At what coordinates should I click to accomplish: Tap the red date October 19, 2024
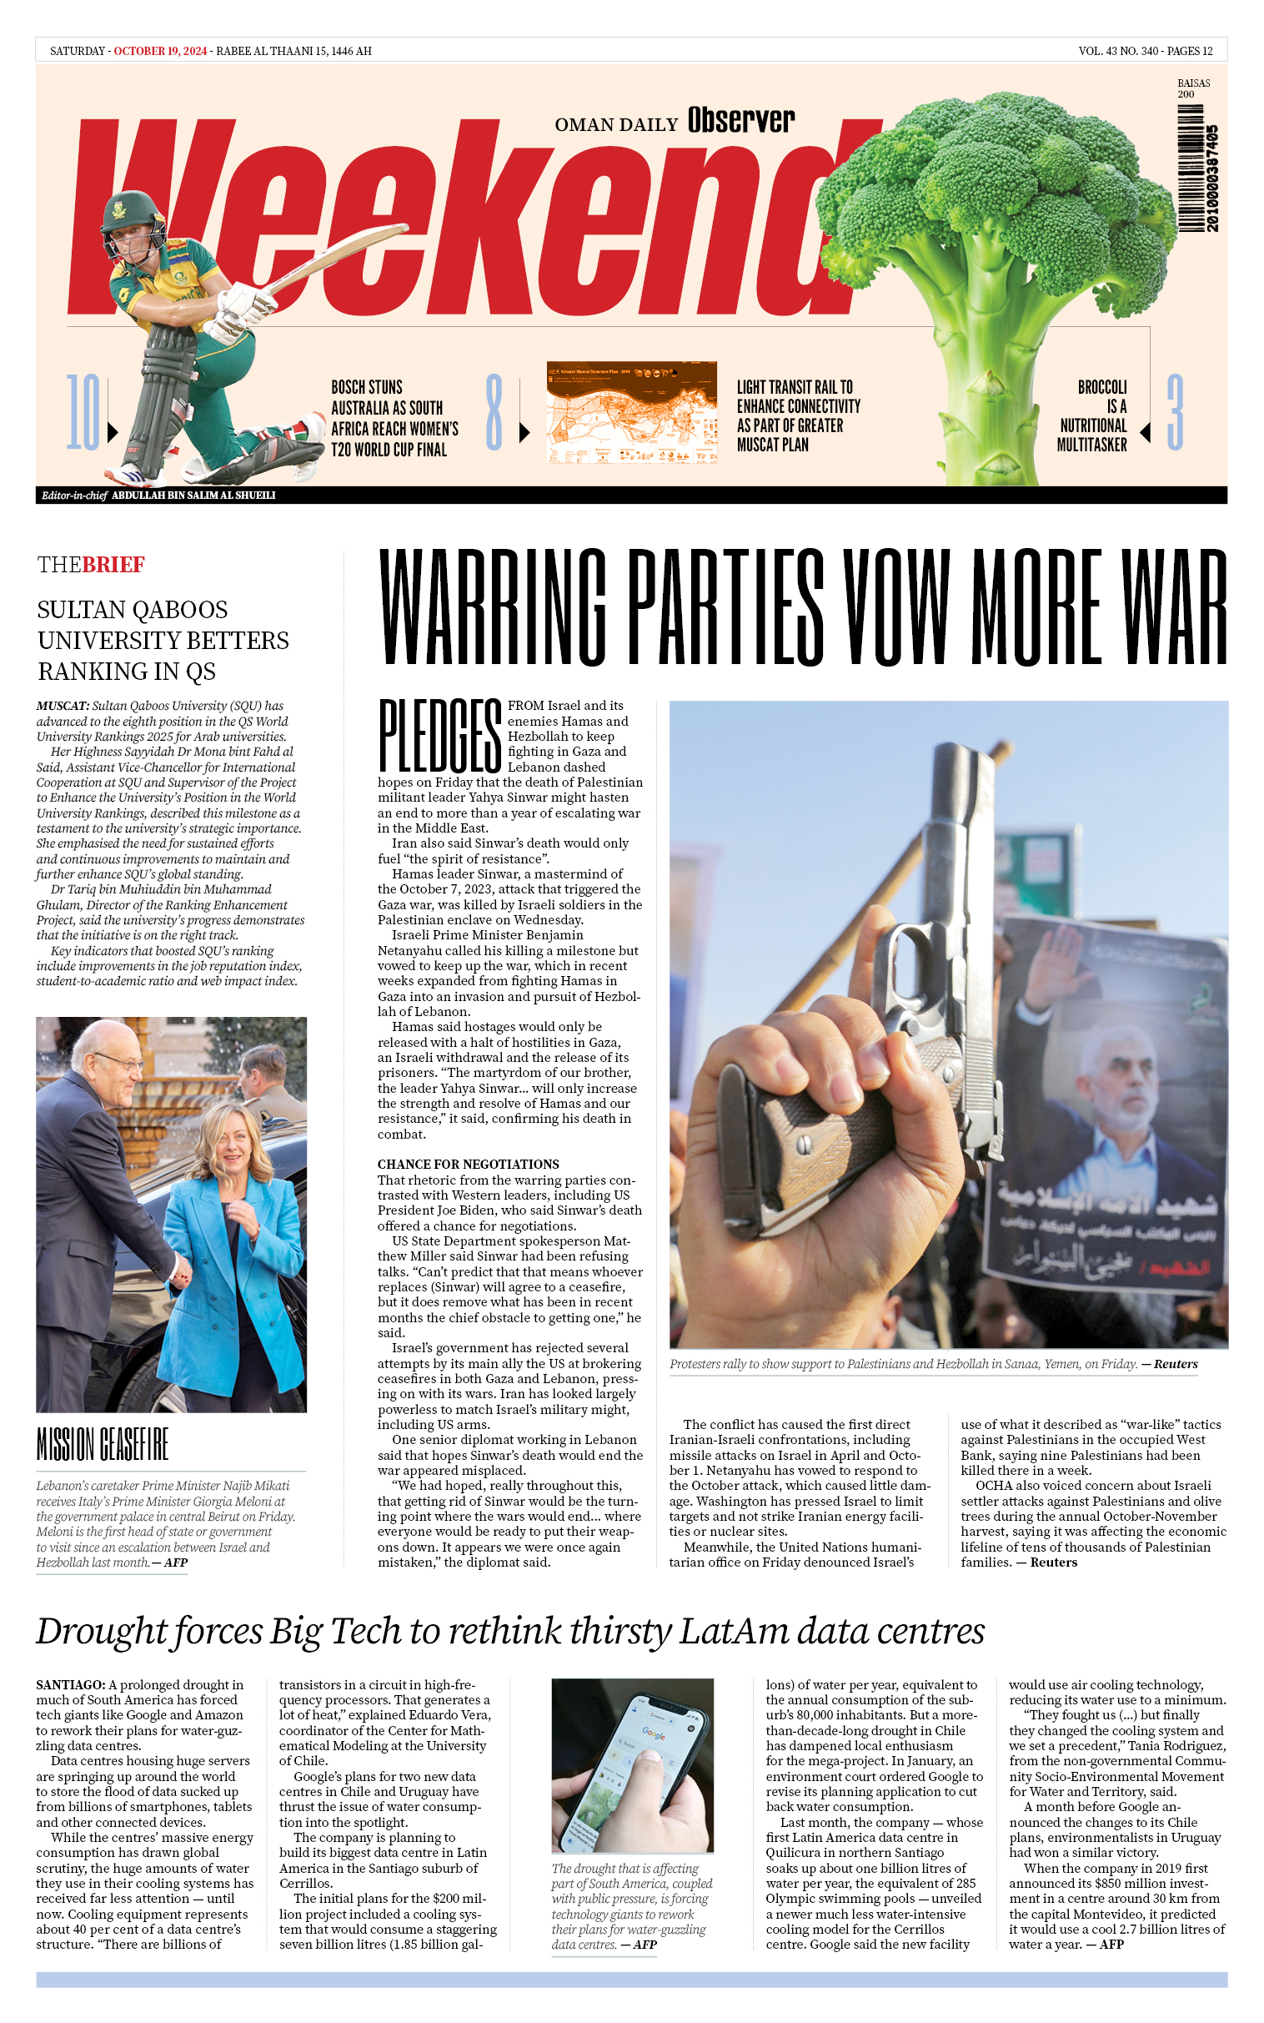pos(160,51)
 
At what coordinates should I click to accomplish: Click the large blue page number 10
pos(83,411)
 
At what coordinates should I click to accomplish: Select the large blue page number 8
pos(494,411)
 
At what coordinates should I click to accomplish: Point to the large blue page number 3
pos(1175,411)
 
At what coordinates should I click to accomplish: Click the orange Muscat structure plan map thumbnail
pos(631,411)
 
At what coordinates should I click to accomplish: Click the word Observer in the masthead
pos(740,121)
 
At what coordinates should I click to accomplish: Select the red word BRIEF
pos(113,565)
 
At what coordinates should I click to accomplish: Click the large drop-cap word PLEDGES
pos(439,736)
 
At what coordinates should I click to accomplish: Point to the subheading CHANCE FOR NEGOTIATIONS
pos(467,1164)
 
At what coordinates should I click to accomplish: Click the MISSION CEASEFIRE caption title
pos(102,1445)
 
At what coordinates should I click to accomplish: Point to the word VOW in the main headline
pos(895,606)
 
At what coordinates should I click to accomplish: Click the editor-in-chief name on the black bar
pos(193,495)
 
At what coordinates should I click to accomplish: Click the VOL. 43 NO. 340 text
pos(1118,51)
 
